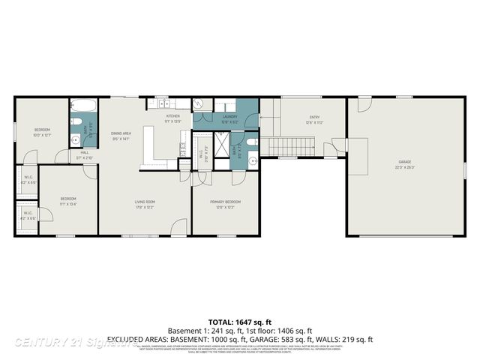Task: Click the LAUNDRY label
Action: click(230, 117)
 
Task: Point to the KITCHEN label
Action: click(173, 117)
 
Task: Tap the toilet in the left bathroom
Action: click(76, 122)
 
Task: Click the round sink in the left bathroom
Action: click(76, 139)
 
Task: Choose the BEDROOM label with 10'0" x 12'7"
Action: click(42, 130)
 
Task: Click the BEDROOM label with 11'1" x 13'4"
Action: click(69, 199)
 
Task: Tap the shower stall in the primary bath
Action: click(223, 145)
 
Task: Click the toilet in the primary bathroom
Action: click(251, 142)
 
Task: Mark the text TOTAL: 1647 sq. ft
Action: click(240, 319)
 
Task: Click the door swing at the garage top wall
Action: click(363, 104)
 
